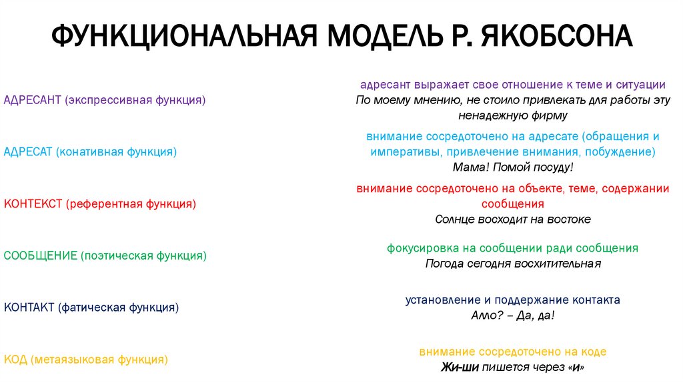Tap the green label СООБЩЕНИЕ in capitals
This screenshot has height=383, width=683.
click(x=40, y=256)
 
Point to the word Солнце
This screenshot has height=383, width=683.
click(x=455, y=219)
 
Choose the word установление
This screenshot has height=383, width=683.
click(x=442, y=300)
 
